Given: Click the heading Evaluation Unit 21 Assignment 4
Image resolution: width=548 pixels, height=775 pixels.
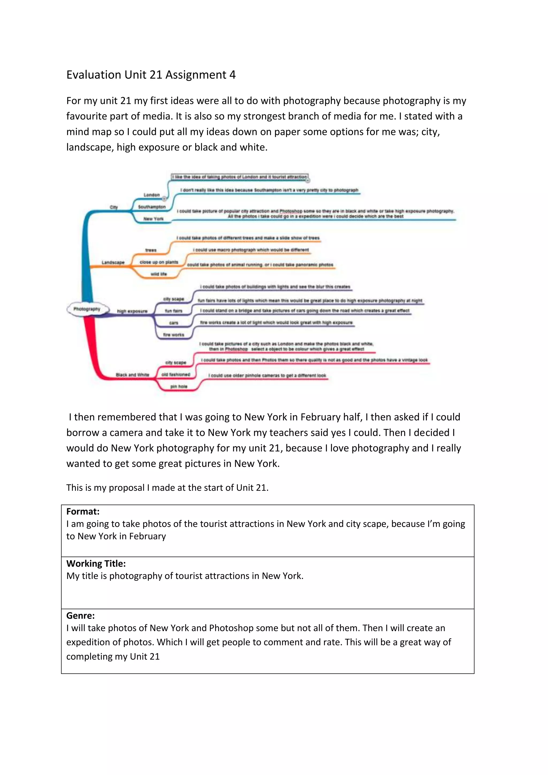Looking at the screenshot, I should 151,75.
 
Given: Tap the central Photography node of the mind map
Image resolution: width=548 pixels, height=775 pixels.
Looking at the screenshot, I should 87,309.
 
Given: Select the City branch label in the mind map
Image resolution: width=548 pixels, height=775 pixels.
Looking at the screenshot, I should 114,207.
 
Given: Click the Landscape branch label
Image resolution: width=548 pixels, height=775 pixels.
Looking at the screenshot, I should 113,262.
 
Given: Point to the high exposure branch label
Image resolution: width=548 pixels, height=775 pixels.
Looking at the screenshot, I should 132,311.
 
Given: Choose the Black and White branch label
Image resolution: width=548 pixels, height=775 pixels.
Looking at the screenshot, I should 132,375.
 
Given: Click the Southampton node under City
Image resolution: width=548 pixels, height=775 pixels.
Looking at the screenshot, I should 152,207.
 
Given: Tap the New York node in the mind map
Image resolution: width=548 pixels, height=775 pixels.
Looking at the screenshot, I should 153,219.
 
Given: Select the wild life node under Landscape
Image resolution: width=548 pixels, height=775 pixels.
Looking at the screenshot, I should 159,274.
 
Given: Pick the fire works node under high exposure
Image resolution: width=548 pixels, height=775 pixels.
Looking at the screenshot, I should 174,335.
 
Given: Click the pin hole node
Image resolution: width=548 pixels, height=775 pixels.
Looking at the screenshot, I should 178,386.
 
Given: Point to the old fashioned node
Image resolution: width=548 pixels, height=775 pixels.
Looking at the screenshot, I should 176,374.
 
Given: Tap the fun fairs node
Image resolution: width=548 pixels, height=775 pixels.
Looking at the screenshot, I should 173,310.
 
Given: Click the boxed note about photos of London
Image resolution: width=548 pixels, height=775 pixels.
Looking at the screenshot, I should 239,177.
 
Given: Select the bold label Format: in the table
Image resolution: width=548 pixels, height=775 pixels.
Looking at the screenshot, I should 83,511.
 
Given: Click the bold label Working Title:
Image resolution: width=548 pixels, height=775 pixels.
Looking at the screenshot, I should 96,563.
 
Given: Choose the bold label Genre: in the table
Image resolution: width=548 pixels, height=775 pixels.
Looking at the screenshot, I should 80,615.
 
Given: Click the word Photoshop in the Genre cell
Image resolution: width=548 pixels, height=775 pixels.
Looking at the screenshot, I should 231,628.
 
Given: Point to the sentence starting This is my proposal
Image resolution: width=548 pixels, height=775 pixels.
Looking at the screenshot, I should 167,487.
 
